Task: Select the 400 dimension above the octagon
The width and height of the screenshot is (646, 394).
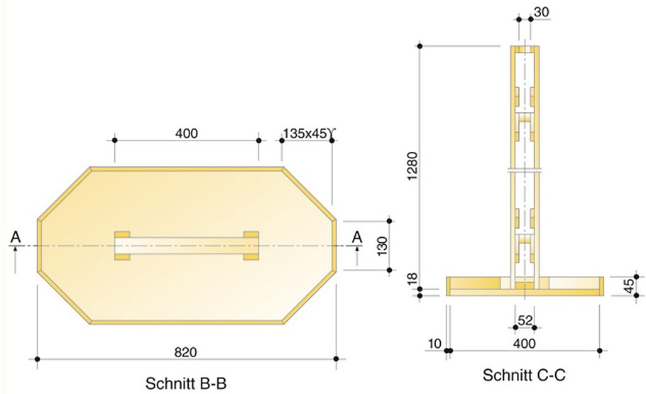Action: (x=187, y=133)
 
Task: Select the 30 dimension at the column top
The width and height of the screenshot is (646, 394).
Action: (x=541, y=12)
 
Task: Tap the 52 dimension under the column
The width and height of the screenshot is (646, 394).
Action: (x=525, y=320)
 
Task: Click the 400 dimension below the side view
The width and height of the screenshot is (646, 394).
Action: (x=524, y=344)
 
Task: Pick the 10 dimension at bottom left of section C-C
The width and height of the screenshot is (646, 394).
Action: (x=434, y=344)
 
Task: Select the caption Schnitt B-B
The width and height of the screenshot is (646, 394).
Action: (x=186, y=383)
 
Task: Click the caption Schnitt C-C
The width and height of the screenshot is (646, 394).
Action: (x=524, y=374)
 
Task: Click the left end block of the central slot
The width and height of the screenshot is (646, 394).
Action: (x=122, y=245)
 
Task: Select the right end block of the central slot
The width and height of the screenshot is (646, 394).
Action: (x=251, y=245)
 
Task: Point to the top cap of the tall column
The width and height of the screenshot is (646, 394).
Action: (x=525, y=49)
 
